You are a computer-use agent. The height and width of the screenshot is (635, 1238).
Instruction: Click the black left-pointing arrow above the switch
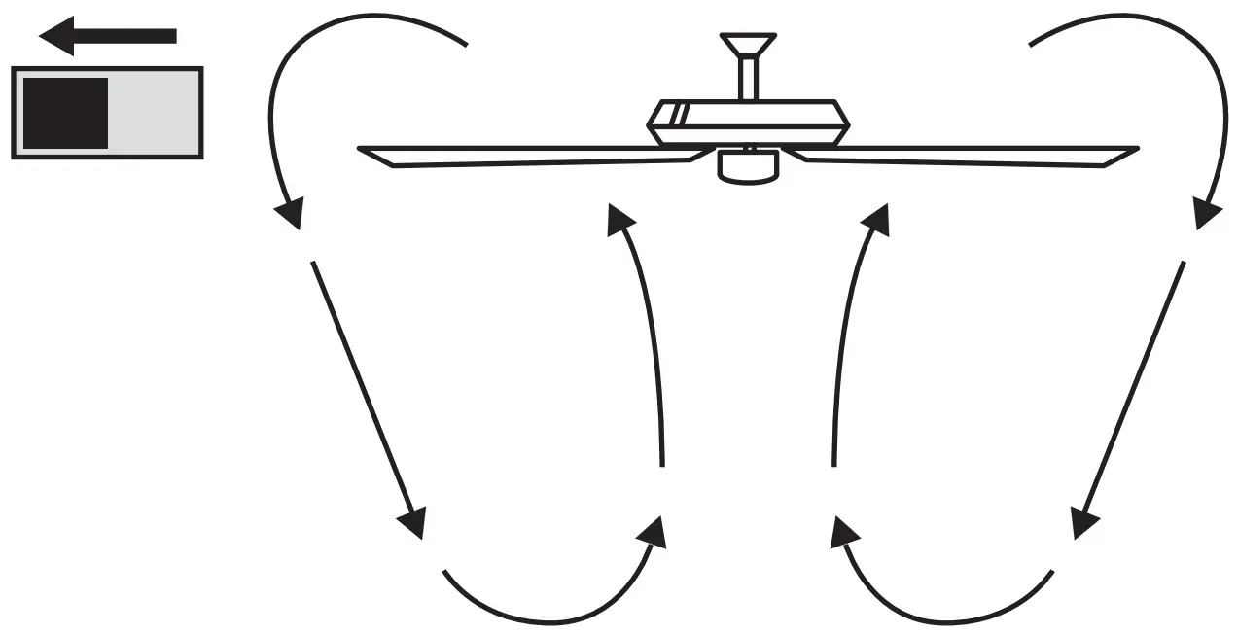point(107,36)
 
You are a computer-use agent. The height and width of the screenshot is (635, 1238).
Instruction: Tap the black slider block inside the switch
point(64,113)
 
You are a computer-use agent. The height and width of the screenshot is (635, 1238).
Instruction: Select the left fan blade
point(525,157)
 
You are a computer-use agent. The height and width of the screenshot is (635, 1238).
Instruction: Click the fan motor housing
point(749,122)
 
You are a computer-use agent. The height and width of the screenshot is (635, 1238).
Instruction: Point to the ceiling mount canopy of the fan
point(748,46)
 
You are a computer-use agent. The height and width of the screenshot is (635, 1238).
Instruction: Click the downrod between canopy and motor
point(748,80)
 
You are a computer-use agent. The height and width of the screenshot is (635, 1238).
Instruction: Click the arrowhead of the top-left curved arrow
point(289,213)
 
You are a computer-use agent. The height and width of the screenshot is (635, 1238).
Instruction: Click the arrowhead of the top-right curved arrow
point(1207,213)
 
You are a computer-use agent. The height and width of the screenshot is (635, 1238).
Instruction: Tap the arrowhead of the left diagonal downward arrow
point(414,523)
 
